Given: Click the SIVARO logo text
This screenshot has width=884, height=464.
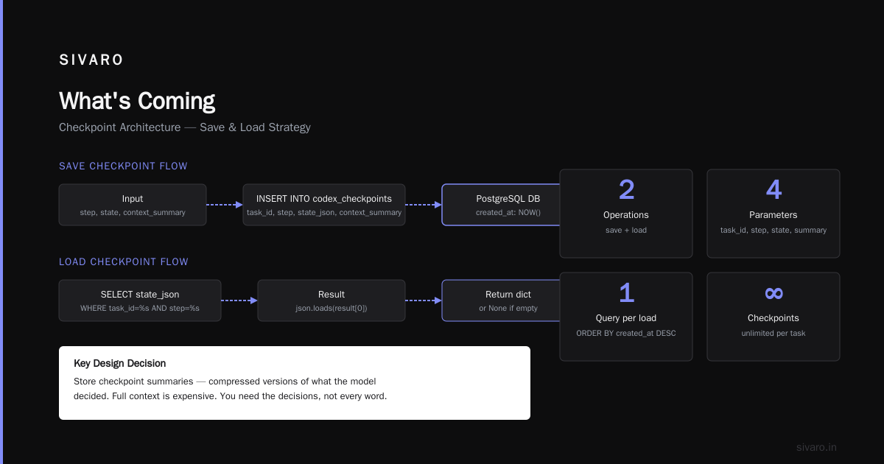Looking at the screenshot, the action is [91, 60].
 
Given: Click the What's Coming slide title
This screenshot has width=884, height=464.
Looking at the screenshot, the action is [137, 101].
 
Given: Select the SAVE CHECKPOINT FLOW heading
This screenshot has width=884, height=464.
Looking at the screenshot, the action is [123, 166].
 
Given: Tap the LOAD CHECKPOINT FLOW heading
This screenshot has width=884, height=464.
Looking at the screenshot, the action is [124, 262].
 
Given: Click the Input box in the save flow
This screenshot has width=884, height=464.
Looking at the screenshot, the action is [133, 205].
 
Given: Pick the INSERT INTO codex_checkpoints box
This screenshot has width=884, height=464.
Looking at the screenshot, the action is [324, 205].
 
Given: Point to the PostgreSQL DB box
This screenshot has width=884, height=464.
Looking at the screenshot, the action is [501, 205].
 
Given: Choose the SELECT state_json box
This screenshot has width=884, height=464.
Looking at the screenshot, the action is [140, 300].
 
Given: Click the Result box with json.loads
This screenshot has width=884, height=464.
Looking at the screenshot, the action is [331, 300].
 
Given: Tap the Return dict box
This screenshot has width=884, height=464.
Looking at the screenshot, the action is [501, 300].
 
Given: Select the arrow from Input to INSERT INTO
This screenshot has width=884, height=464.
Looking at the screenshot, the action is [225, 205].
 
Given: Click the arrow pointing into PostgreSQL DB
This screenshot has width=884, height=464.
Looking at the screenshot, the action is [424, 205].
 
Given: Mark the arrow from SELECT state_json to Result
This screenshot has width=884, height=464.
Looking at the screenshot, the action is [239, 300].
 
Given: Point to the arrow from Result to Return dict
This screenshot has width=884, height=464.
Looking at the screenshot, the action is [424, 300].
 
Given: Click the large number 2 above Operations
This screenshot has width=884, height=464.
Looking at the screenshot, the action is [626, 190].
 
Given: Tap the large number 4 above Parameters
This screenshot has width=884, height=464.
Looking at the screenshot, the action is [773, 190].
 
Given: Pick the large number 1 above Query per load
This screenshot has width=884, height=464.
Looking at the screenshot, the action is [627, 293].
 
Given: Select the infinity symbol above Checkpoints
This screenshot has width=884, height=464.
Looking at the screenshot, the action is [773, 293].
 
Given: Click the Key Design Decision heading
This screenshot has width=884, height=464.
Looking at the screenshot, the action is [119, 363].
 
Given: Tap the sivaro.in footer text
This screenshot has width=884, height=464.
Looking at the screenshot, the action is [816, 447].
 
